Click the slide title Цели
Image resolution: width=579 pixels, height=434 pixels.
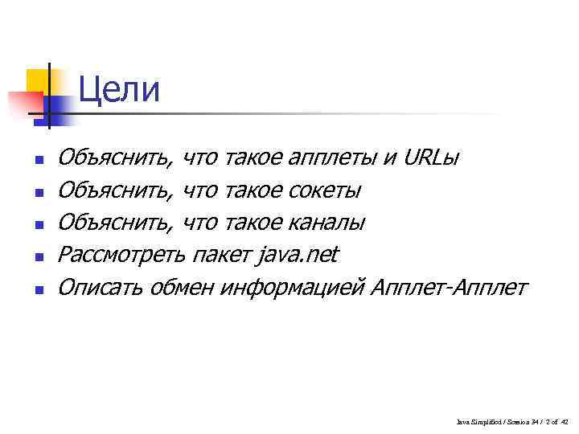pos(120,89)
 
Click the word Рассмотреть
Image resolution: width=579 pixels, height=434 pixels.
pos(121,255)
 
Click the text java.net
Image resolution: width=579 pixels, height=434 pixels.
pos(298,255)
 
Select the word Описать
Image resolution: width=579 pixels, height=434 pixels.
pos(100,287)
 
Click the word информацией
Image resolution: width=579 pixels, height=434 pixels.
pos(295,288)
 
